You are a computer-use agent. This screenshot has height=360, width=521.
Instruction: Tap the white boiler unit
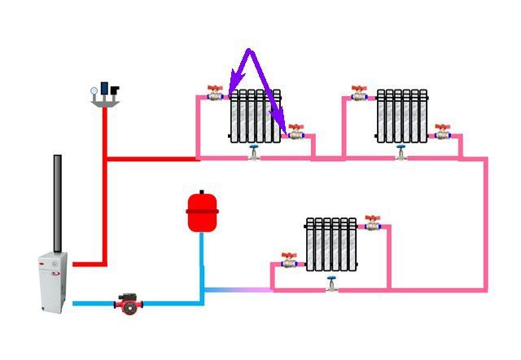(x=54, y=281)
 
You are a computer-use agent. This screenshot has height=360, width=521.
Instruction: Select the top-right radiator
(x=401, y=116)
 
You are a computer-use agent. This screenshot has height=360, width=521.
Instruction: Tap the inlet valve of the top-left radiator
(x=215, y=94)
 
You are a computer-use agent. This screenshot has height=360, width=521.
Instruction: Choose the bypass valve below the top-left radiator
(x=255, y=152)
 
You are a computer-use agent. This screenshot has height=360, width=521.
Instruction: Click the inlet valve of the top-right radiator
(x=360, y=94)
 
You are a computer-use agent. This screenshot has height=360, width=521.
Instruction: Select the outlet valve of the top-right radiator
(x=441, y=131)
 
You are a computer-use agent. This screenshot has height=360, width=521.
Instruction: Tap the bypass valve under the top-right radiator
(x=401, y=152)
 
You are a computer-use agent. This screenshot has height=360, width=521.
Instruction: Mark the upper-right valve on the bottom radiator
(x=373, y=222)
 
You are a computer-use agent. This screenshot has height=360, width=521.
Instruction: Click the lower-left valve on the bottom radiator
(x=289, y=261)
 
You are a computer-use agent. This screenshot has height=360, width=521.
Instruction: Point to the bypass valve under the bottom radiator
(x=331, y=284)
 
